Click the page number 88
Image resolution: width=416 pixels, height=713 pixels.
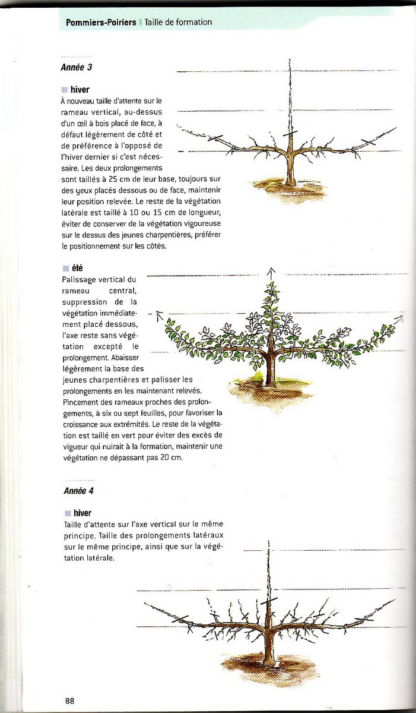[x=69, y=701]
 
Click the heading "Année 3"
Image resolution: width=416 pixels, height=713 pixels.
[x=76, y=67]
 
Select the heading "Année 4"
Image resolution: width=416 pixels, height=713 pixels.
[x=78, y=491]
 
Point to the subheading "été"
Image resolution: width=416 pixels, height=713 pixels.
[x=77, y=269]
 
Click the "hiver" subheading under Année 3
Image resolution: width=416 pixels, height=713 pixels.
[x=80, y=90]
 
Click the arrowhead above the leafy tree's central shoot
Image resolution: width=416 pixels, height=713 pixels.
[x=271, y=271]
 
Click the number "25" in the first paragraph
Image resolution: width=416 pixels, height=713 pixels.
[x=145, y=178]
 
